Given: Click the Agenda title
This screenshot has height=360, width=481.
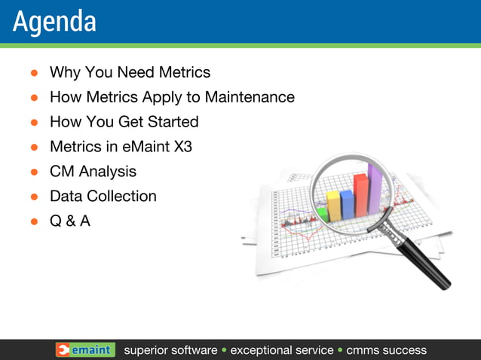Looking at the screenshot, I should click(54, 22).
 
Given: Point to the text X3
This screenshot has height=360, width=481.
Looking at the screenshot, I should click(182, 147).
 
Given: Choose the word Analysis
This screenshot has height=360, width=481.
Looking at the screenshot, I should click(108, 172).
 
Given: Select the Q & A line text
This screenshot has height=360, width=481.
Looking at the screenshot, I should click(69, 221).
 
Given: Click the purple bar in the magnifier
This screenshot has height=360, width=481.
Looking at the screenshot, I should click(374, 188).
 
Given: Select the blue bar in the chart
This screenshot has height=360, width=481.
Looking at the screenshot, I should click(347, 204).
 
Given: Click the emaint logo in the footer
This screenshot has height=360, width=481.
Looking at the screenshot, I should click(85, 350).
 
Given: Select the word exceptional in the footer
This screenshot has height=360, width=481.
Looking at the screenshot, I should click(281, 350).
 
